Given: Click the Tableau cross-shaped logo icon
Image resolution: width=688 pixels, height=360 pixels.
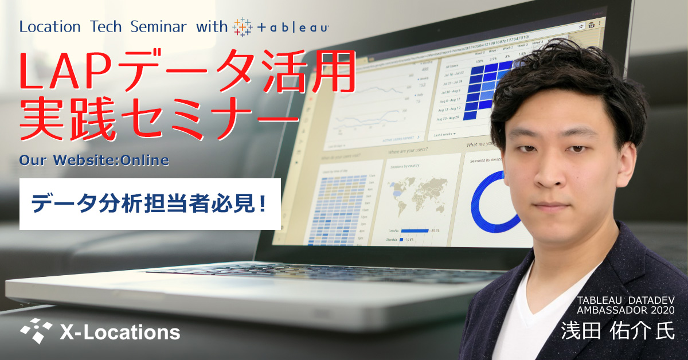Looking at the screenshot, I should coord(243,27).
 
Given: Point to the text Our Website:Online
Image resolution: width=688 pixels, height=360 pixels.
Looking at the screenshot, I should coord(94,160).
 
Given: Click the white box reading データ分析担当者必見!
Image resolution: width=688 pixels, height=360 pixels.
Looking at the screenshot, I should coord(150,204).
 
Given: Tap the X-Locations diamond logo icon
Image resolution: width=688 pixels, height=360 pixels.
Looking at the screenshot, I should coord(36,329).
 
